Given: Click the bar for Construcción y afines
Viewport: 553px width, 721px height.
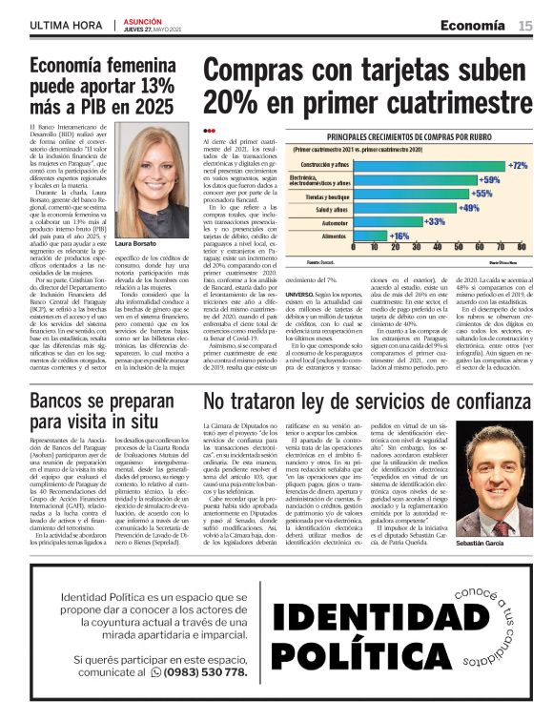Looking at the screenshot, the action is point(416,165).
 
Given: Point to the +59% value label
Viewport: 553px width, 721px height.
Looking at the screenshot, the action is point(488,179).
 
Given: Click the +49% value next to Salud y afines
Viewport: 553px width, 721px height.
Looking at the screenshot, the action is point(469,207).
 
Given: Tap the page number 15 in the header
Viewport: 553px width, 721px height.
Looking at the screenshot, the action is point(525,25).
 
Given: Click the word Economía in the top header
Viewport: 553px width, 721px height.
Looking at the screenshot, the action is point(472,25).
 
